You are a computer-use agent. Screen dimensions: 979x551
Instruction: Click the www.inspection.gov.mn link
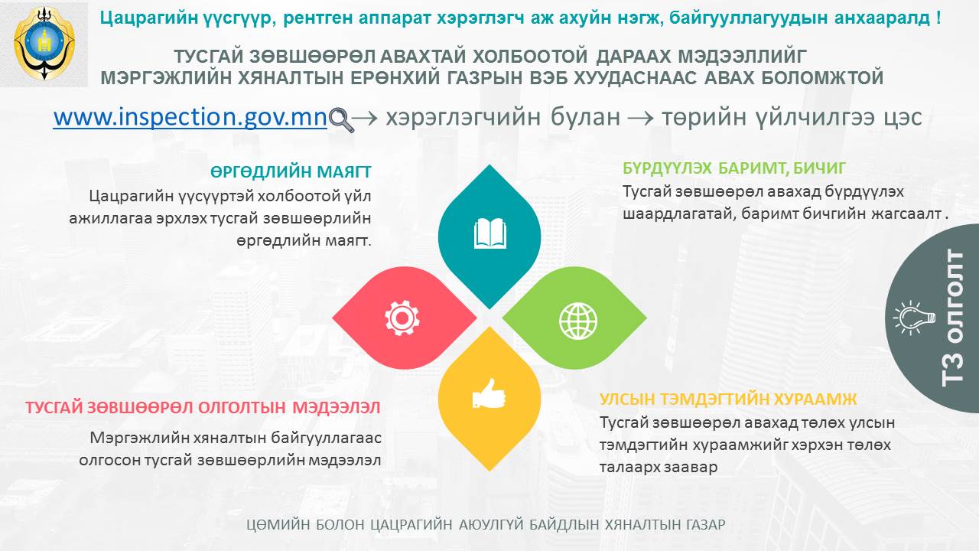[190, 117]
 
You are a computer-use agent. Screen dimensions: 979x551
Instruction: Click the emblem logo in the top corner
[44, 43]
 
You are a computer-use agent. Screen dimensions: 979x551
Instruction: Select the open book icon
[490, 234]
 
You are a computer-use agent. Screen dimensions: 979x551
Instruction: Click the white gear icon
[402, 318]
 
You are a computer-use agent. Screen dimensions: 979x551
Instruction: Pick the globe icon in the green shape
[577, 321]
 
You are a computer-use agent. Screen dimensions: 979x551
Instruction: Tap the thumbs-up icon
[489, 394]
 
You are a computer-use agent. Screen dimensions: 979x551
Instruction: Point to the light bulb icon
[914, 318]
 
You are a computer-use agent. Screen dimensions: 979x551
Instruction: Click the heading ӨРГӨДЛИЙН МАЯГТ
[291, 172]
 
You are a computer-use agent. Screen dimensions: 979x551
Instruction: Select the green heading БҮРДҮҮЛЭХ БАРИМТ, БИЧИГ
[734, 168]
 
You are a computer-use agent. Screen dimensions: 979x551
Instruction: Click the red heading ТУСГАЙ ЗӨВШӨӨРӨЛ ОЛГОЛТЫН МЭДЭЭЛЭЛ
[203, 408]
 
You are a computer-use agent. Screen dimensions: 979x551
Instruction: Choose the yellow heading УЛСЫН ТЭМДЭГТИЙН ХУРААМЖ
[728, 399]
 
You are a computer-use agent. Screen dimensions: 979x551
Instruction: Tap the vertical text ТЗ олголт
[952, 318]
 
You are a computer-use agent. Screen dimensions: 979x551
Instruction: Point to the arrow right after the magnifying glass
[365, 118]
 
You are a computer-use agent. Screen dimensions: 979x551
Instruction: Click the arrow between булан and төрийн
[641, 118]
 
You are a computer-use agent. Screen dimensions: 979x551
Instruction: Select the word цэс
[904, 118]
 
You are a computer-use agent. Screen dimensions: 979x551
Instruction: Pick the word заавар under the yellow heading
[691, 467]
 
